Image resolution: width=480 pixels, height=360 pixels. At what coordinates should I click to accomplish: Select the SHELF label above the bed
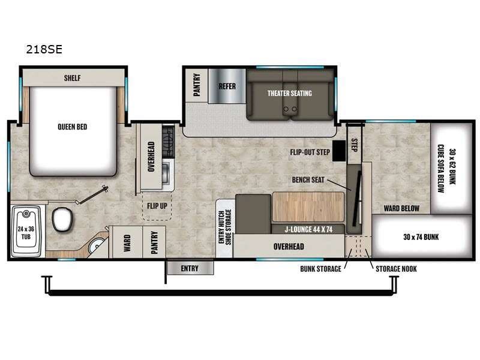click(72, 78)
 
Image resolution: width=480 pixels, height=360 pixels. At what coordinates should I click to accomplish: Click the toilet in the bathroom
click(62, 220)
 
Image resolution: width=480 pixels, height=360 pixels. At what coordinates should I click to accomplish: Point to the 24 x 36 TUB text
click(25, 232)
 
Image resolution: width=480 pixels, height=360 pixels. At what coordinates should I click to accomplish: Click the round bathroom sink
click(96, 247)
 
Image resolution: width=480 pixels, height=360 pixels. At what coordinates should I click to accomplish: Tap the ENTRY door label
click(189, 269)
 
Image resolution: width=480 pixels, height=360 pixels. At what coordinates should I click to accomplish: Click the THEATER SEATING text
click(289, 93)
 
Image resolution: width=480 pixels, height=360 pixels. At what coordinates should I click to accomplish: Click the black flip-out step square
click(339, 151)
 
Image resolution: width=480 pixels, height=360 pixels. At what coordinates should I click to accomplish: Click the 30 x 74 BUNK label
click(421, 237)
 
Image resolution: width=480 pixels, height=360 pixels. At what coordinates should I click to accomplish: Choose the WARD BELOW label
click(401, 209)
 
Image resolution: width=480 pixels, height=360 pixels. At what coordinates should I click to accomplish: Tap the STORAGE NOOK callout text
click(396, 268)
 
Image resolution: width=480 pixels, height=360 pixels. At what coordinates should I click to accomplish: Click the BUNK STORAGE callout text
click(320, 268)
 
